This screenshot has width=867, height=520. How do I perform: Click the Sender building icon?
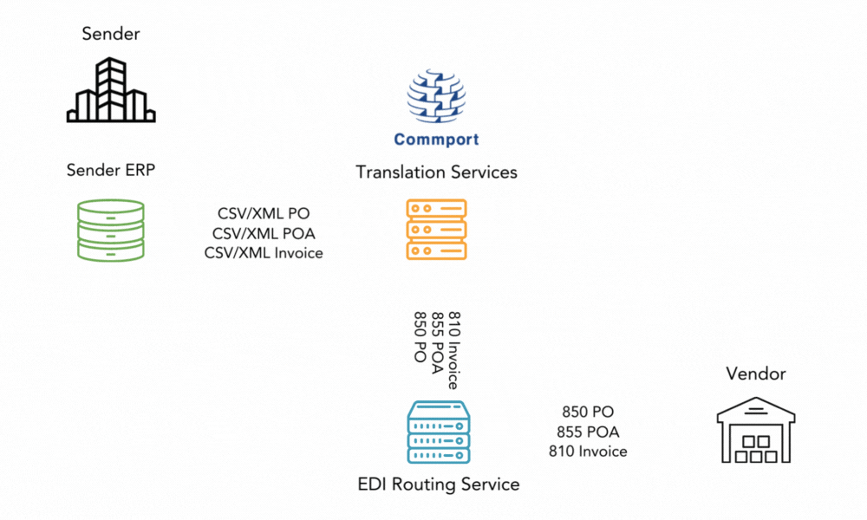point(111,90)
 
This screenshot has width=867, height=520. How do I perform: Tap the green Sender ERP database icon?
point(110,230)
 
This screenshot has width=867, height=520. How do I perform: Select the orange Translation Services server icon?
point(436,230)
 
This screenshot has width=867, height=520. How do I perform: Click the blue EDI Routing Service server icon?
point(439,432)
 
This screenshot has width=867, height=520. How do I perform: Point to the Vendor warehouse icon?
point(756,428)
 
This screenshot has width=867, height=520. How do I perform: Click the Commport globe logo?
point(436,98)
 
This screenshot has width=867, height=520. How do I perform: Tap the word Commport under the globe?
point(436,139)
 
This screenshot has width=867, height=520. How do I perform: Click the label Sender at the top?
point(111,35)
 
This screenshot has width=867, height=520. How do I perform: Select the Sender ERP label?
point(111,170)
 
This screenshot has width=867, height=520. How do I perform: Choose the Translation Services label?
point(436,172)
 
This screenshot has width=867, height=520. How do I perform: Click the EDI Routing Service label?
point(439,484)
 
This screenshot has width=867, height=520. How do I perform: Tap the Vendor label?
point(756,374)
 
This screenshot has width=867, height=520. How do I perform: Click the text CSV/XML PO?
point(264,213)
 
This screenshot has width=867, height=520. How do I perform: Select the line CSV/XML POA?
point(264,233)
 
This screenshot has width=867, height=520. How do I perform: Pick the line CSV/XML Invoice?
point(264,253)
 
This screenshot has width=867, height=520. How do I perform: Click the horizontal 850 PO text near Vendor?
point(588,413)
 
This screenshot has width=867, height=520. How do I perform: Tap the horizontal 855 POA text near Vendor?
point(588,432)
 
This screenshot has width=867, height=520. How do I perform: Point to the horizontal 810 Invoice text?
point(588,451)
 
